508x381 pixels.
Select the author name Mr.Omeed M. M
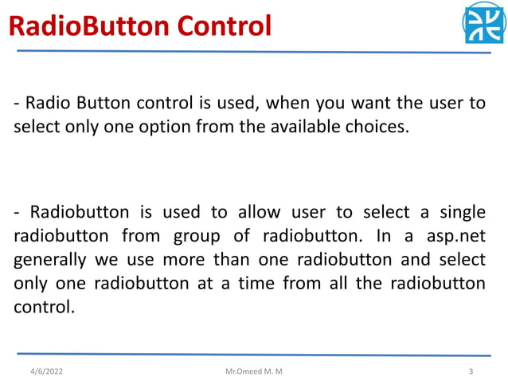253,371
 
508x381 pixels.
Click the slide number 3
471,371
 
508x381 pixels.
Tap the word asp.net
457,237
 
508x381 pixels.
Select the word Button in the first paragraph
99,104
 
